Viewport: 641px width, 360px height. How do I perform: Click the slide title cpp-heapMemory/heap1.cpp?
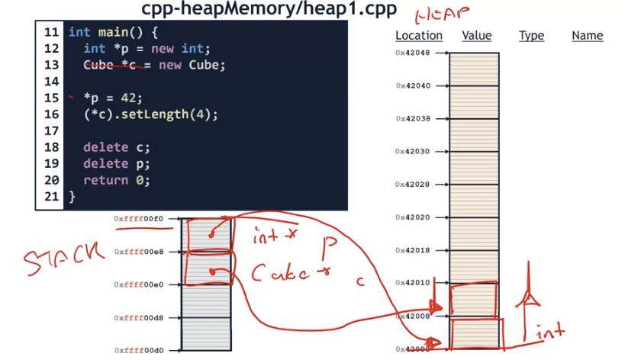tap(269, 9)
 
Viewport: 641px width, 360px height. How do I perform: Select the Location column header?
tap(418, 35)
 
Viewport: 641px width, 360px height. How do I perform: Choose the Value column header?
tap(476, 35)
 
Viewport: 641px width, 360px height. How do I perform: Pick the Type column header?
tap(531, 35)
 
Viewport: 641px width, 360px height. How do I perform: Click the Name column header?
tap(587, 35)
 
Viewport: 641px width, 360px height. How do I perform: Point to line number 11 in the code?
tap(51, 32)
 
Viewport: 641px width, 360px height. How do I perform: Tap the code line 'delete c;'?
tap(117, 147)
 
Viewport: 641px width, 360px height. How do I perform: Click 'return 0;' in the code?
tap(117, 180)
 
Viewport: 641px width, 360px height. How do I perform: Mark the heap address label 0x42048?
tap(413, 53)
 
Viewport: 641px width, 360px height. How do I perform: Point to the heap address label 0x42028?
tap(413, 185)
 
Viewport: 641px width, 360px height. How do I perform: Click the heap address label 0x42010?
tap(413, 283)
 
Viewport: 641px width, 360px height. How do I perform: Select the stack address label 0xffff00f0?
tap(139, 219)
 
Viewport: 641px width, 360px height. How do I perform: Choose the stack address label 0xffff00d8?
tap(139, 317)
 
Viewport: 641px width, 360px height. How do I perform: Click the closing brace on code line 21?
tap(72, 197)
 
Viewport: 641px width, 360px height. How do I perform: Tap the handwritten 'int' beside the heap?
tap(549, 332)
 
